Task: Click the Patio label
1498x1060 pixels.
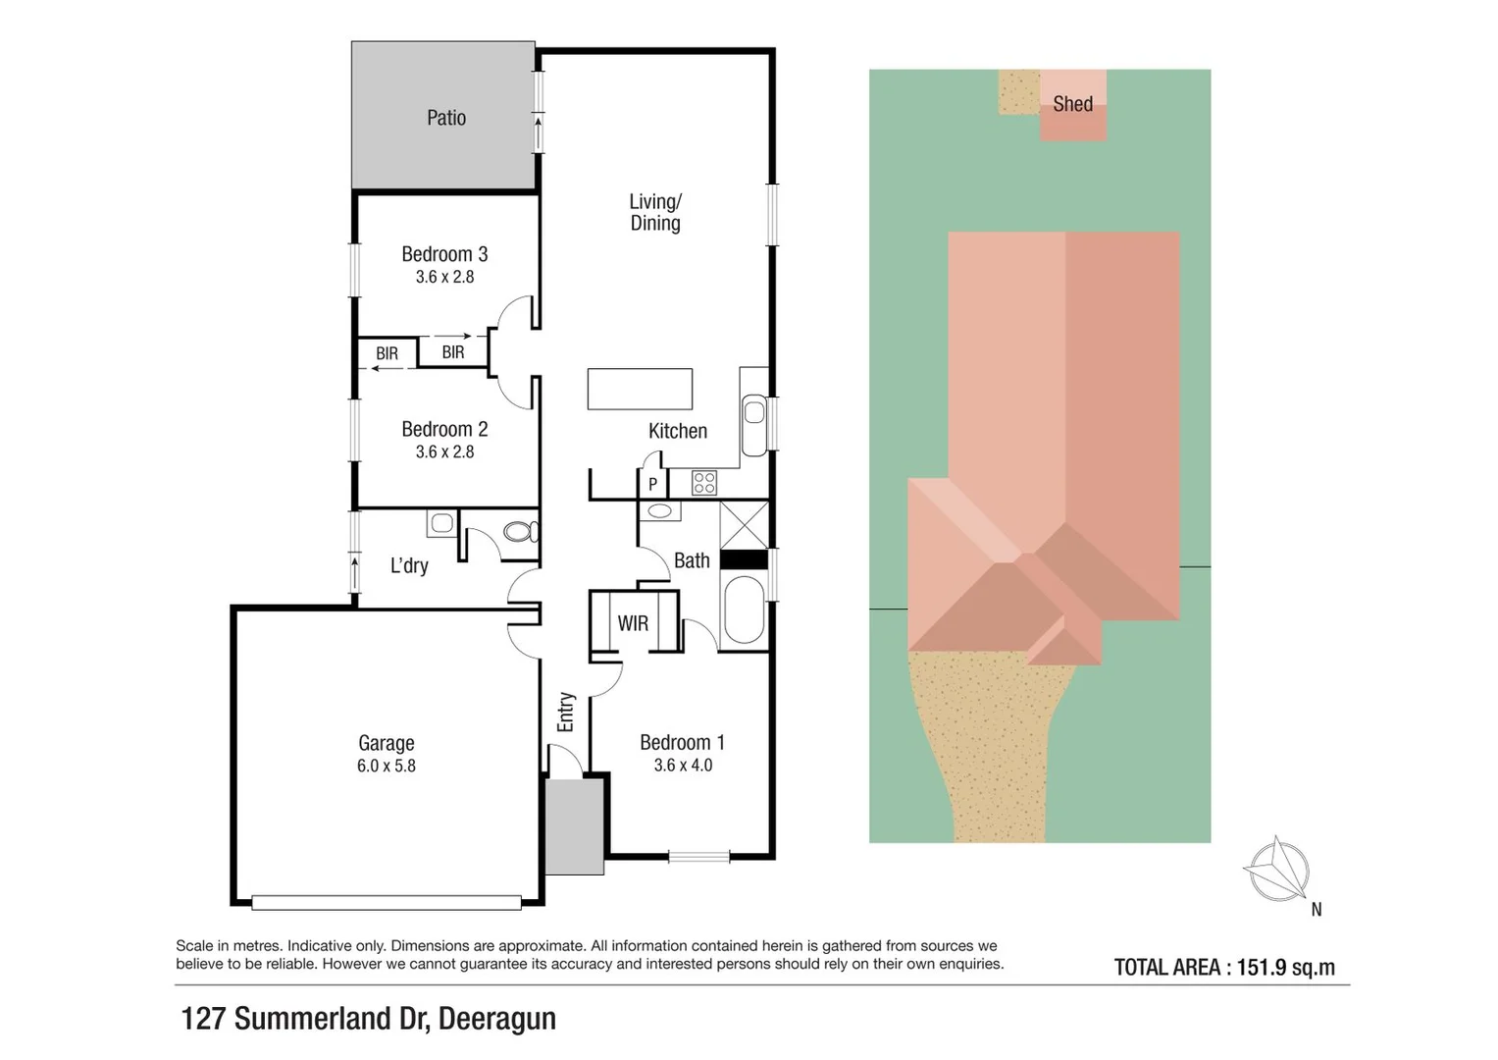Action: point(446,118)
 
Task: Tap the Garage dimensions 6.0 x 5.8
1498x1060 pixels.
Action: point(386,767)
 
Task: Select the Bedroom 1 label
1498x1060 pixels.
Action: point(682,743)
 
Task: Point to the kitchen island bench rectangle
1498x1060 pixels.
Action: point(640,389)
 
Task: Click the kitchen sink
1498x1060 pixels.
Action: point(753,411)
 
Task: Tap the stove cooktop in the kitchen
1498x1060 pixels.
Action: point(704,483)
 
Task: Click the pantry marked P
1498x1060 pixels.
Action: point(652,484)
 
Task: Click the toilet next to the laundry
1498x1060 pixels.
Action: point(519,532)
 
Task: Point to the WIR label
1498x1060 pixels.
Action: point(633,623)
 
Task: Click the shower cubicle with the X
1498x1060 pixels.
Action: point(744,525)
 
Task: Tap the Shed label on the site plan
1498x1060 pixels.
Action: point(1072,104)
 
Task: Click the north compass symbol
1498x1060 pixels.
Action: point(1277,870)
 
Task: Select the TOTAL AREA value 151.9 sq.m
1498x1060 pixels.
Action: point(1285,968)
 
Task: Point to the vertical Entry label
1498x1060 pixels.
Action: point(565,712)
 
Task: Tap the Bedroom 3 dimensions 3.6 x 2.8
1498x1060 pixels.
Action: point(444,278)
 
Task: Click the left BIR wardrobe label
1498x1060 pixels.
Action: point(387,353)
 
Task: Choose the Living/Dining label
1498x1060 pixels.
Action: point(654,212)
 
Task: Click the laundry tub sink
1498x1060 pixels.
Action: point(441,523)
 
